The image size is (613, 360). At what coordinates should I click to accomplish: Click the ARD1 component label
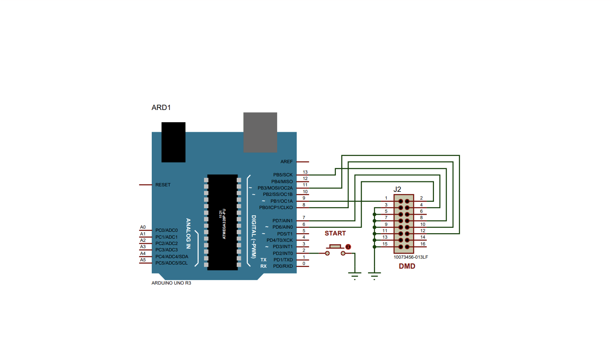click(161, 108)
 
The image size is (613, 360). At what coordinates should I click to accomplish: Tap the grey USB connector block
click(260, 132)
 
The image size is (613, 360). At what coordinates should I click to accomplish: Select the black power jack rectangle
click(174, 142)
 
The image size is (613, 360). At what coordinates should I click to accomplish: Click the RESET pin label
click(163, 185)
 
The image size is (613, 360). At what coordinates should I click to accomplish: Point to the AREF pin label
click(287, 162)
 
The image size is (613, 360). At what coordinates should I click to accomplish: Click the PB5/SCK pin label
click(283, 175)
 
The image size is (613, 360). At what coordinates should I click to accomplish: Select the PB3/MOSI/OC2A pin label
click(275, 188)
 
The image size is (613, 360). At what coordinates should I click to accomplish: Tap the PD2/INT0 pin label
click(283, 254)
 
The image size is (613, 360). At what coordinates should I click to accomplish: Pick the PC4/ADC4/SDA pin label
click(172, 257)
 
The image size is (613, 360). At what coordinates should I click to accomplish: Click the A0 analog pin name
click(143, 227)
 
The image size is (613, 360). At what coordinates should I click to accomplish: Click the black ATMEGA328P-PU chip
click(223, 222)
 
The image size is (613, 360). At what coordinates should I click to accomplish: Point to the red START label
click(335, 234)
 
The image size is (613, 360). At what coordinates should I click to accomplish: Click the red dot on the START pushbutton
click(348, 247)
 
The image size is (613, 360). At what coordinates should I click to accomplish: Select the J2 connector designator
click(397, 189)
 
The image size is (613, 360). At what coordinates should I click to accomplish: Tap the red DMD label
click(407, 266)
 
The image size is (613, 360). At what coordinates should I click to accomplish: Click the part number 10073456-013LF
click(411, 257)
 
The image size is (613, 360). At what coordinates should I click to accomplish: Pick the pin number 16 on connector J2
click(423, 244)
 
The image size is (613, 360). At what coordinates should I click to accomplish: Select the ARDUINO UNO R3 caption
click(171, 283)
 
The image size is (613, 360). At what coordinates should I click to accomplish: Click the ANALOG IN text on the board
click(188, 234)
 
